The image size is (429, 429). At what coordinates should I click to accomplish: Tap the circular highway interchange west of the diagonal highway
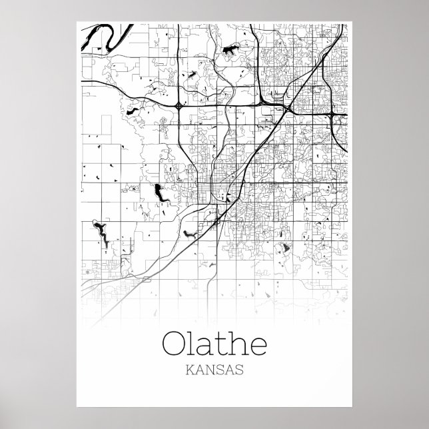coord(179,105)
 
